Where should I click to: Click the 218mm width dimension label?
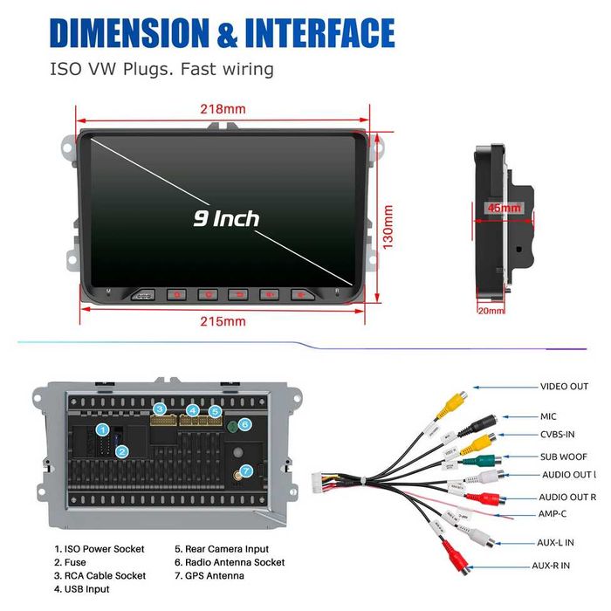223,109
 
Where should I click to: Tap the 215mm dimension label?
223,321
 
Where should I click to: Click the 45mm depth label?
505,208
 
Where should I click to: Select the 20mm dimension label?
491,310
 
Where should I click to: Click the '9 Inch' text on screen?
226,217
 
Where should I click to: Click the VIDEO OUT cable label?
564,386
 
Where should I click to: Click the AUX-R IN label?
551,566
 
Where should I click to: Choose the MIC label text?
547,416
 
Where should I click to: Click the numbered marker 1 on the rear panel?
103,430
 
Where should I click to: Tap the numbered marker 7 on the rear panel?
246,471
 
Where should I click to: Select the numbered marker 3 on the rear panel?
159,408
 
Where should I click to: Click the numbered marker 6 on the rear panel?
244,424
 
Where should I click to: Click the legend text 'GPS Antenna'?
214,575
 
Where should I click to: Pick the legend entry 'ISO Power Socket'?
104,549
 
